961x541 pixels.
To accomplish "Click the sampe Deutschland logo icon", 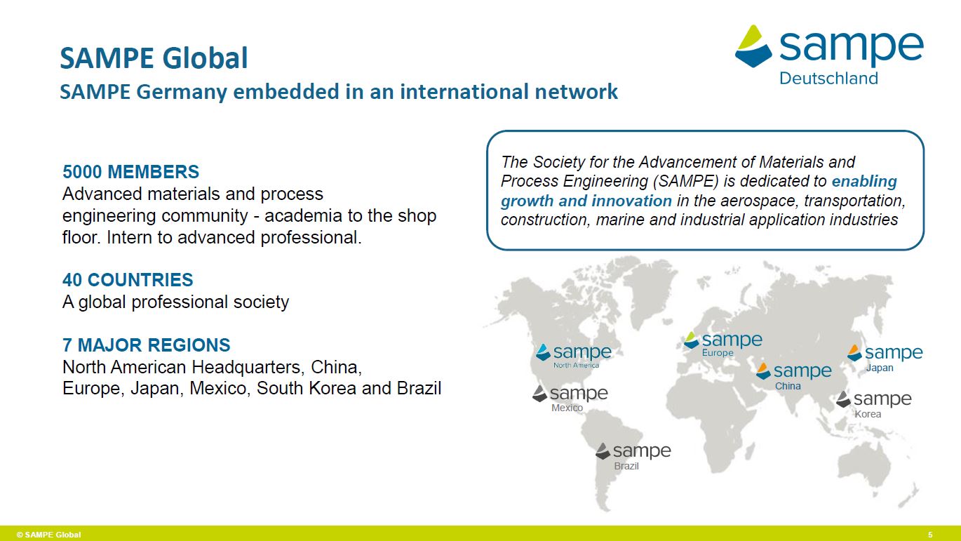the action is pyautogui.click(x=753, y=46).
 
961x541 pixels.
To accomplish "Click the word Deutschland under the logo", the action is pyautogui.click(x=828, y=79).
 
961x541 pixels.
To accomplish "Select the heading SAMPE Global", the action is pyautogui.click(x=154, y=58).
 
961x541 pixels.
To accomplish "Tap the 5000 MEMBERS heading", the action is pyautogui.click(x=131, y=172).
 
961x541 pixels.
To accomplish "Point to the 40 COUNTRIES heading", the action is pyautogui.click(x=128, y=280).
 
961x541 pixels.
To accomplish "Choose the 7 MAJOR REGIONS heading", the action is pyautogui.click(x=147, y=345).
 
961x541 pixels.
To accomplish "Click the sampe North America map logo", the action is pyautogui.click(x=574, y=356).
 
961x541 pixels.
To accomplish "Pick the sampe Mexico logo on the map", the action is pyautogui.click(x=570, y=399).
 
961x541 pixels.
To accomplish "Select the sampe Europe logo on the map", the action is pyautogui.click(x=723, y=344).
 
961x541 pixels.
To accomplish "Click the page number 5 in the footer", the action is pyautogui.click(x=931, y=535).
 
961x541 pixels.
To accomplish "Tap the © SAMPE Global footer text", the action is pyautogui.click(x=48, y=535).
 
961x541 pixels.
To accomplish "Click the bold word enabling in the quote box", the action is pyautogui.click(x=864, y=182).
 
